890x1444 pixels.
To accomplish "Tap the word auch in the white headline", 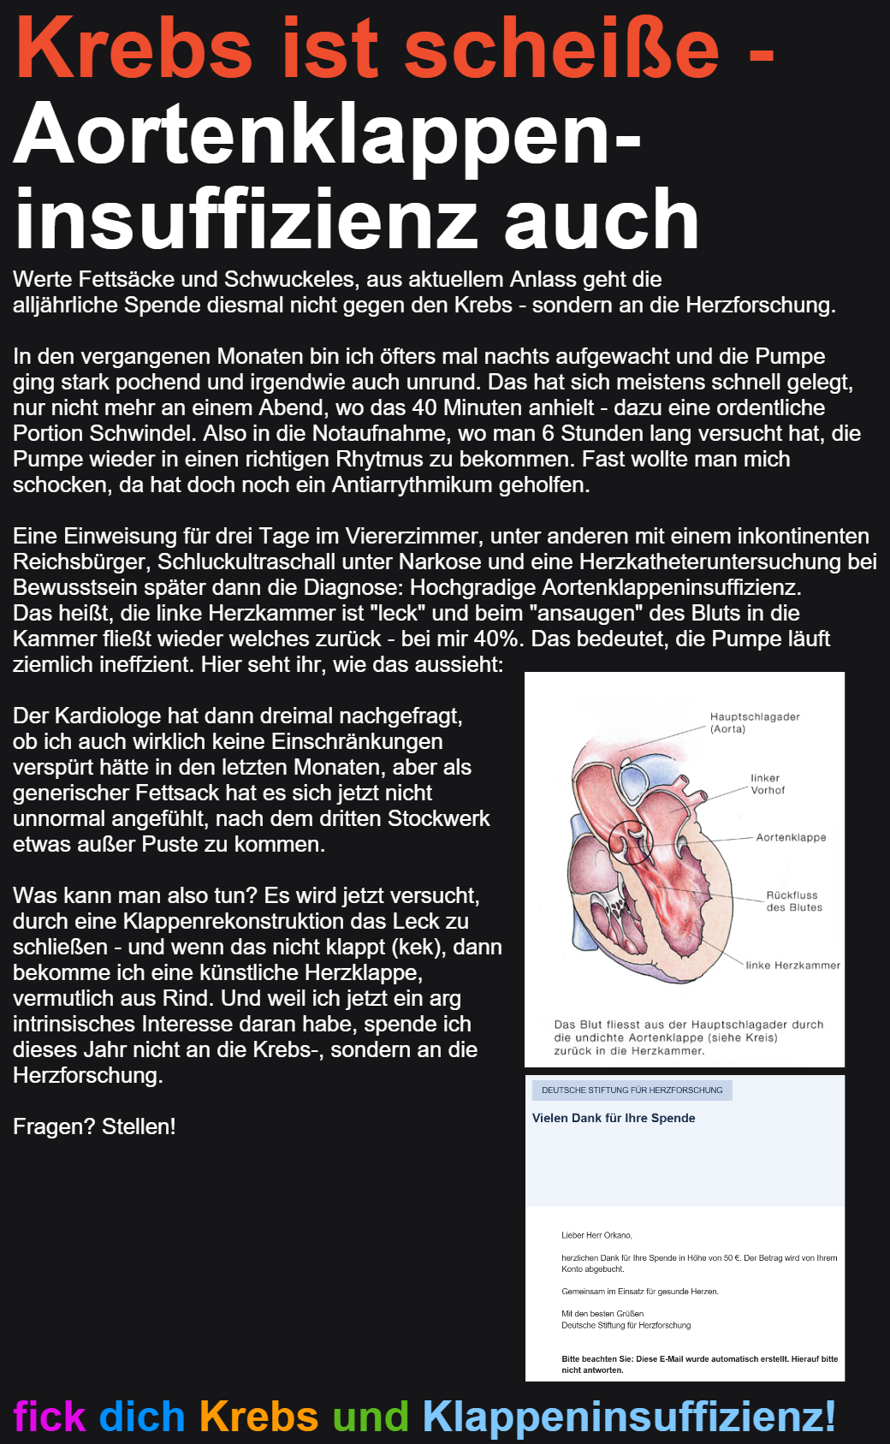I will (x=602, y=221).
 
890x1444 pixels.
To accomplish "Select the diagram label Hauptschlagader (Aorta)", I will (x=754, y=722).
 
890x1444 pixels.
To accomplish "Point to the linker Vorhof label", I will (x=767, y=784).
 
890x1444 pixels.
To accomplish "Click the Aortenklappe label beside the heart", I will (x=791, y=837).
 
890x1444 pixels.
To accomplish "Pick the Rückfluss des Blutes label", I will (x=793, y=901).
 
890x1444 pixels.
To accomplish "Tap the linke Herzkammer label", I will (x=792, y=966).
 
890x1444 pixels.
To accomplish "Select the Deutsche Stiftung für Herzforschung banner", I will (x=632, y=1090).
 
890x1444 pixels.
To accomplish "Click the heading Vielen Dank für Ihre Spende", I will (x=614, y=1118).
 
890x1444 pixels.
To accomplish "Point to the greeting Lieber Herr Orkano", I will (x=596, y=1235).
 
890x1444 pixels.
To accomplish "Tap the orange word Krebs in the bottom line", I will (x=258, y=1416).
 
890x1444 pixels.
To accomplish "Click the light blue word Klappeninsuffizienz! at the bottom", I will (x=629, y=1416).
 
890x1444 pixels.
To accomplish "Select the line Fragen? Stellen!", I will (x=94, y=1126).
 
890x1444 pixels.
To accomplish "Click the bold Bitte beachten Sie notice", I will (x=699, y=1364).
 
